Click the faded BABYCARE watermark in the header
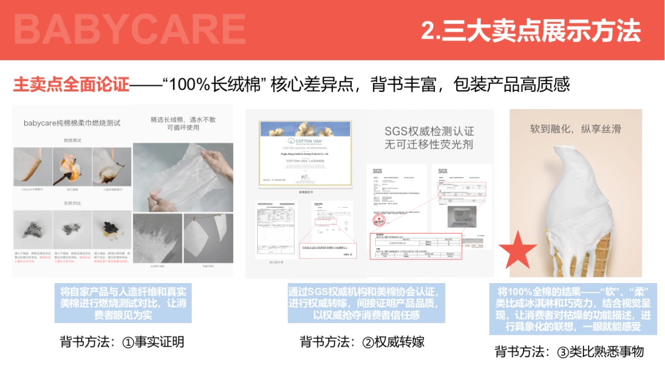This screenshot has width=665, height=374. tap(130, 29)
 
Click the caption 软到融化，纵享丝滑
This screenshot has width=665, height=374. tap(575, 129)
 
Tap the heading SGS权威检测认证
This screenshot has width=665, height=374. tap(429, 131)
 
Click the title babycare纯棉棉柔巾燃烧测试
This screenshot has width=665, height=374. tap(72, 122)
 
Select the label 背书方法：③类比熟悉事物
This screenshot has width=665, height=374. tap(569, 351)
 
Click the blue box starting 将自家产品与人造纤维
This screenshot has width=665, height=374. tap(122, 303)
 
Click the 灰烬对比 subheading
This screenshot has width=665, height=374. tap(72, 203)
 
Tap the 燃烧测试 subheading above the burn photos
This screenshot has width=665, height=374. tap(72, 141)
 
